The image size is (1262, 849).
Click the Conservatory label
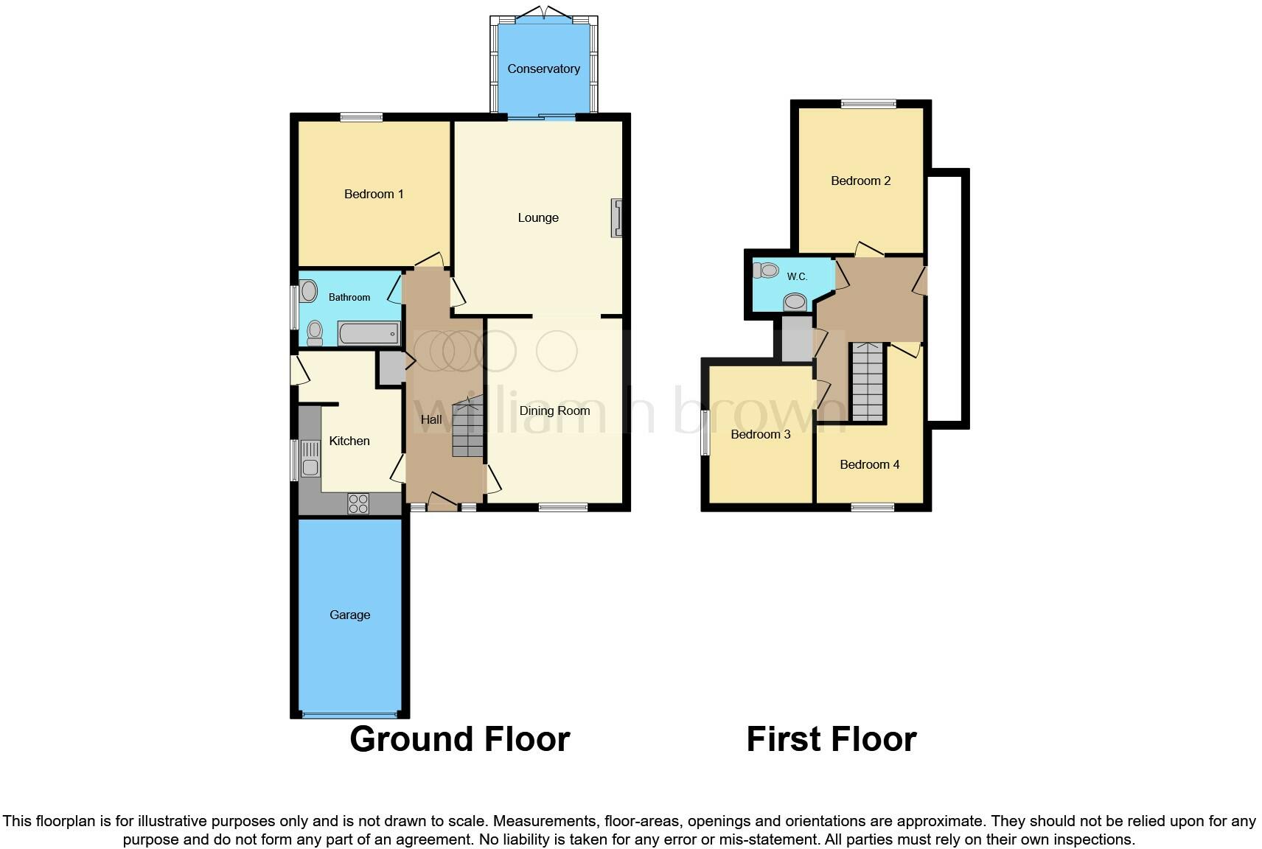543,69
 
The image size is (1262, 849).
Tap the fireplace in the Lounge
616,217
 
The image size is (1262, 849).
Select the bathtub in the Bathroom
369,334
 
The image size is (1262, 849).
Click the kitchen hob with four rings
358,503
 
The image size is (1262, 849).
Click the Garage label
349,615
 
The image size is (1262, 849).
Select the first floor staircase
868,383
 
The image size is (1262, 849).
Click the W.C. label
797,276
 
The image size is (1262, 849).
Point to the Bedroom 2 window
868,104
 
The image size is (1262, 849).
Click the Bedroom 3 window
705,433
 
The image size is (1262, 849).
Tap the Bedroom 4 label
869,464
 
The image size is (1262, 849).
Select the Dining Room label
554,410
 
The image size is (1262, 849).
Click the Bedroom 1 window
361,116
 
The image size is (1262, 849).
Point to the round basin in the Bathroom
309,290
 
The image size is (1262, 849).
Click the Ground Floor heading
459,738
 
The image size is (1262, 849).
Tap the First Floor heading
831,738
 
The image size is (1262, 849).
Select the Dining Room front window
562,507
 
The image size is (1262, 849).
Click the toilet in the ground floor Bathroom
315,332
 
